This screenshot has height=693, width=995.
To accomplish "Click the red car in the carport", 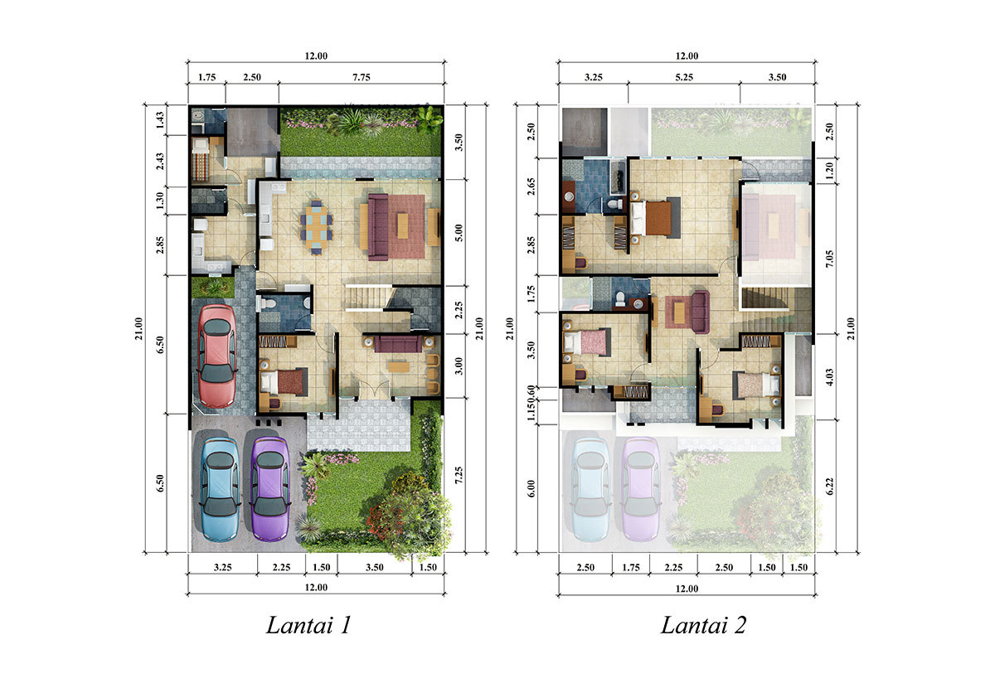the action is tap(216, 356).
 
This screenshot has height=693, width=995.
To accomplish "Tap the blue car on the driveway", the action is tap(220, 489).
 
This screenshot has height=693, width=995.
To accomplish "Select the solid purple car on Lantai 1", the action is tap(270, 489).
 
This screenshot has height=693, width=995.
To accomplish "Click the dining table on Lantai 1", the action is tap(316, 228).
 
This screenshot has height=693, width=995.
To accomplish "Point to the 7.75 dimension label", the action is tap(362, 77).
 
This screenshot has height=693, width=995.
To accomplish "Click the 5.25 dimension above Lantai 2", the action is tap(684, 77).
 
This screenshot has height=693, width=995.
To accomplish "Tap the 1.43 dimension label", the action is tap(160, 120).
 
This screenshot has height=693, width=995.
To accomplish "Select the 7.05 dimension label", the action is tap(829, 259).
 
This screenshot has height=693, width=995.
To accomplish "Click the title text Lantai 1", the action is tap(308, 625).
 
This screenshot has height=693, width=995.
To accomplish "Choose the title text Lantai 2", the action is tap(703, 625).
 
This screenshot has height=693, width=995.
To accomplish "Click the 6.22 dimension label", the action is tap(829, 486).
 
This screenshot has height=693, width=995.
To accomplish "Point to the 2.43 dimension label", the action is tap(160, 161).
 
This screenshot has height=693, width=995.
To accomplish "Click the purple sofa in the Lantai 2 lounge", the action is tap(700, 312).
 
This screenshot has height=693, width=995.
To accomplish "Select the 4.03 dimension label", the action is tap(829, 377).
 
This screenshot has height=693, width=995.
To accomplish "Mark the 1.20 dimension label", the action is tap(829, 170).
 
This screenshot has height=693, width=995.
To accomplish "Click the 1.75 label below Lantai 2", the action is tap(631, 567).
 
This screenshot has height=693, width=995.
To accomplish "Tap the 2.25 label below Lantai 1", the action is tap(282, 567).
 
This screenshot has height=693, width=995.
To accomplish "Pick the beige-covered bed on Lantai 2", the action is tap(756, 385).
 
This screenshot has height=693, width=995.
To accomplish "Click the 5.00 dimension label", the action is tap(459, 233).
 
